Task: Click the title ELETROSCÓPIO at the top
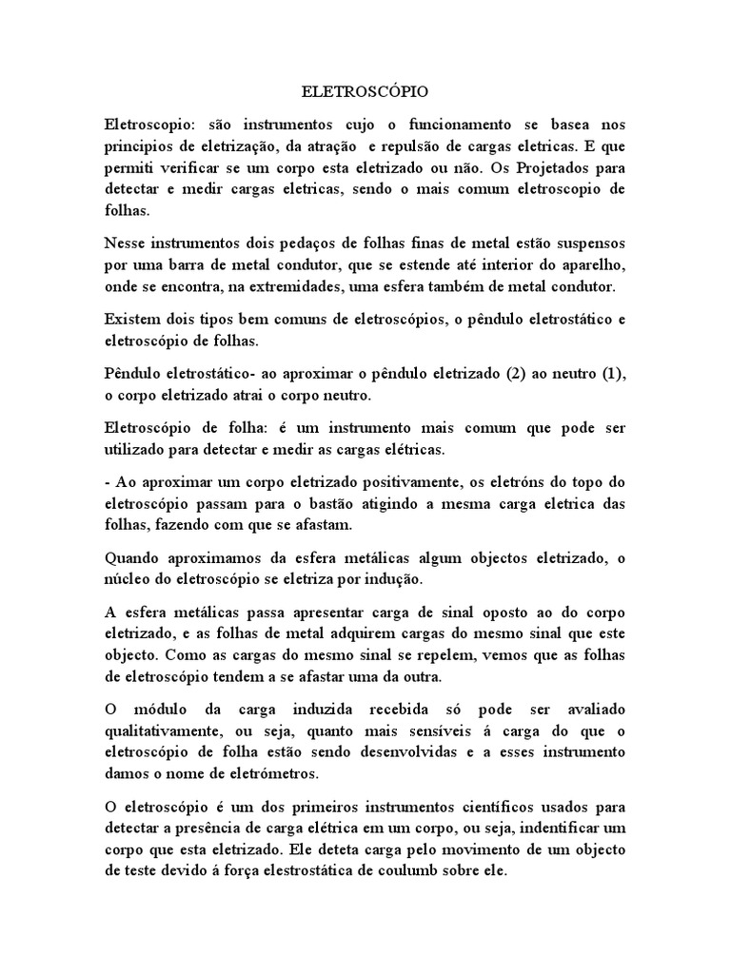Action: pyautogui.click(x=365, y=92)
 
